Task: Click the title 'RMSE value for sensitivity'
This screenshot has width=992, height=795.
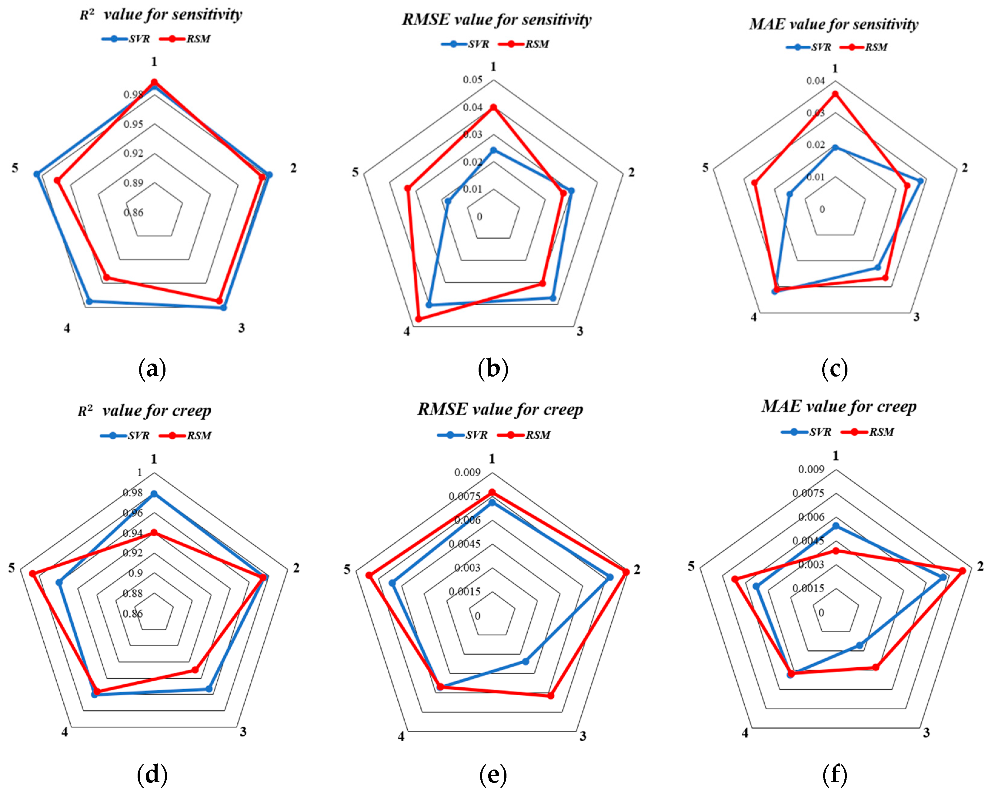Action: click(x=496, y=20)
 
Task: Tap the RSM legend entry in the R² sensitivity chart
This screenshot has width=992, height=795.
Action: click(x=185, y=39)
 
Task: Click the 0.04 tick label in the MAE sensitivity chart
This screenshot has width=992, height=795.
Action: click(x=815, y=81)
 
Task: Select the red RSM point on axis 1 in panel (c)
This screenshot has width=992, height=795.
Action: click(x=835, y=94)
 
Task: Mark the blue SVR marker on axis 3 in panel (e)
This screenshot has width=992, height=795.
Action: click(x=526, y=662)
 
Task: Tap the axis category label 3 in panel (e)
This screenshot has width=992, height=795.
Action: click(x=583, y=736)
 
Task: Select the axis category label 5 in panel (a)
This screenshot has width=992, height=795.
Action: click(x=15, y=168)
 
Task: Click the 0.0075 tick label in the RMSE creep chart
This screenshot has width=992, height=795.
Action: click(x=464, y=496)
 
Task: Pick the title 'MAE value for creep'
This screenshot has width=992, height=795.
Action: click(x=838, y=407)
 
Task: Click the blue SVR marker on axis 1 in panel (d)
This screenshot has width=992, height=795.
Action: click(x=154, y=494)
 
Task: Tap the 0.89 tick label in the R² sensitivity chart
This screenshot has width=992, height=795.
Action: click(x=133, y=183)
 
